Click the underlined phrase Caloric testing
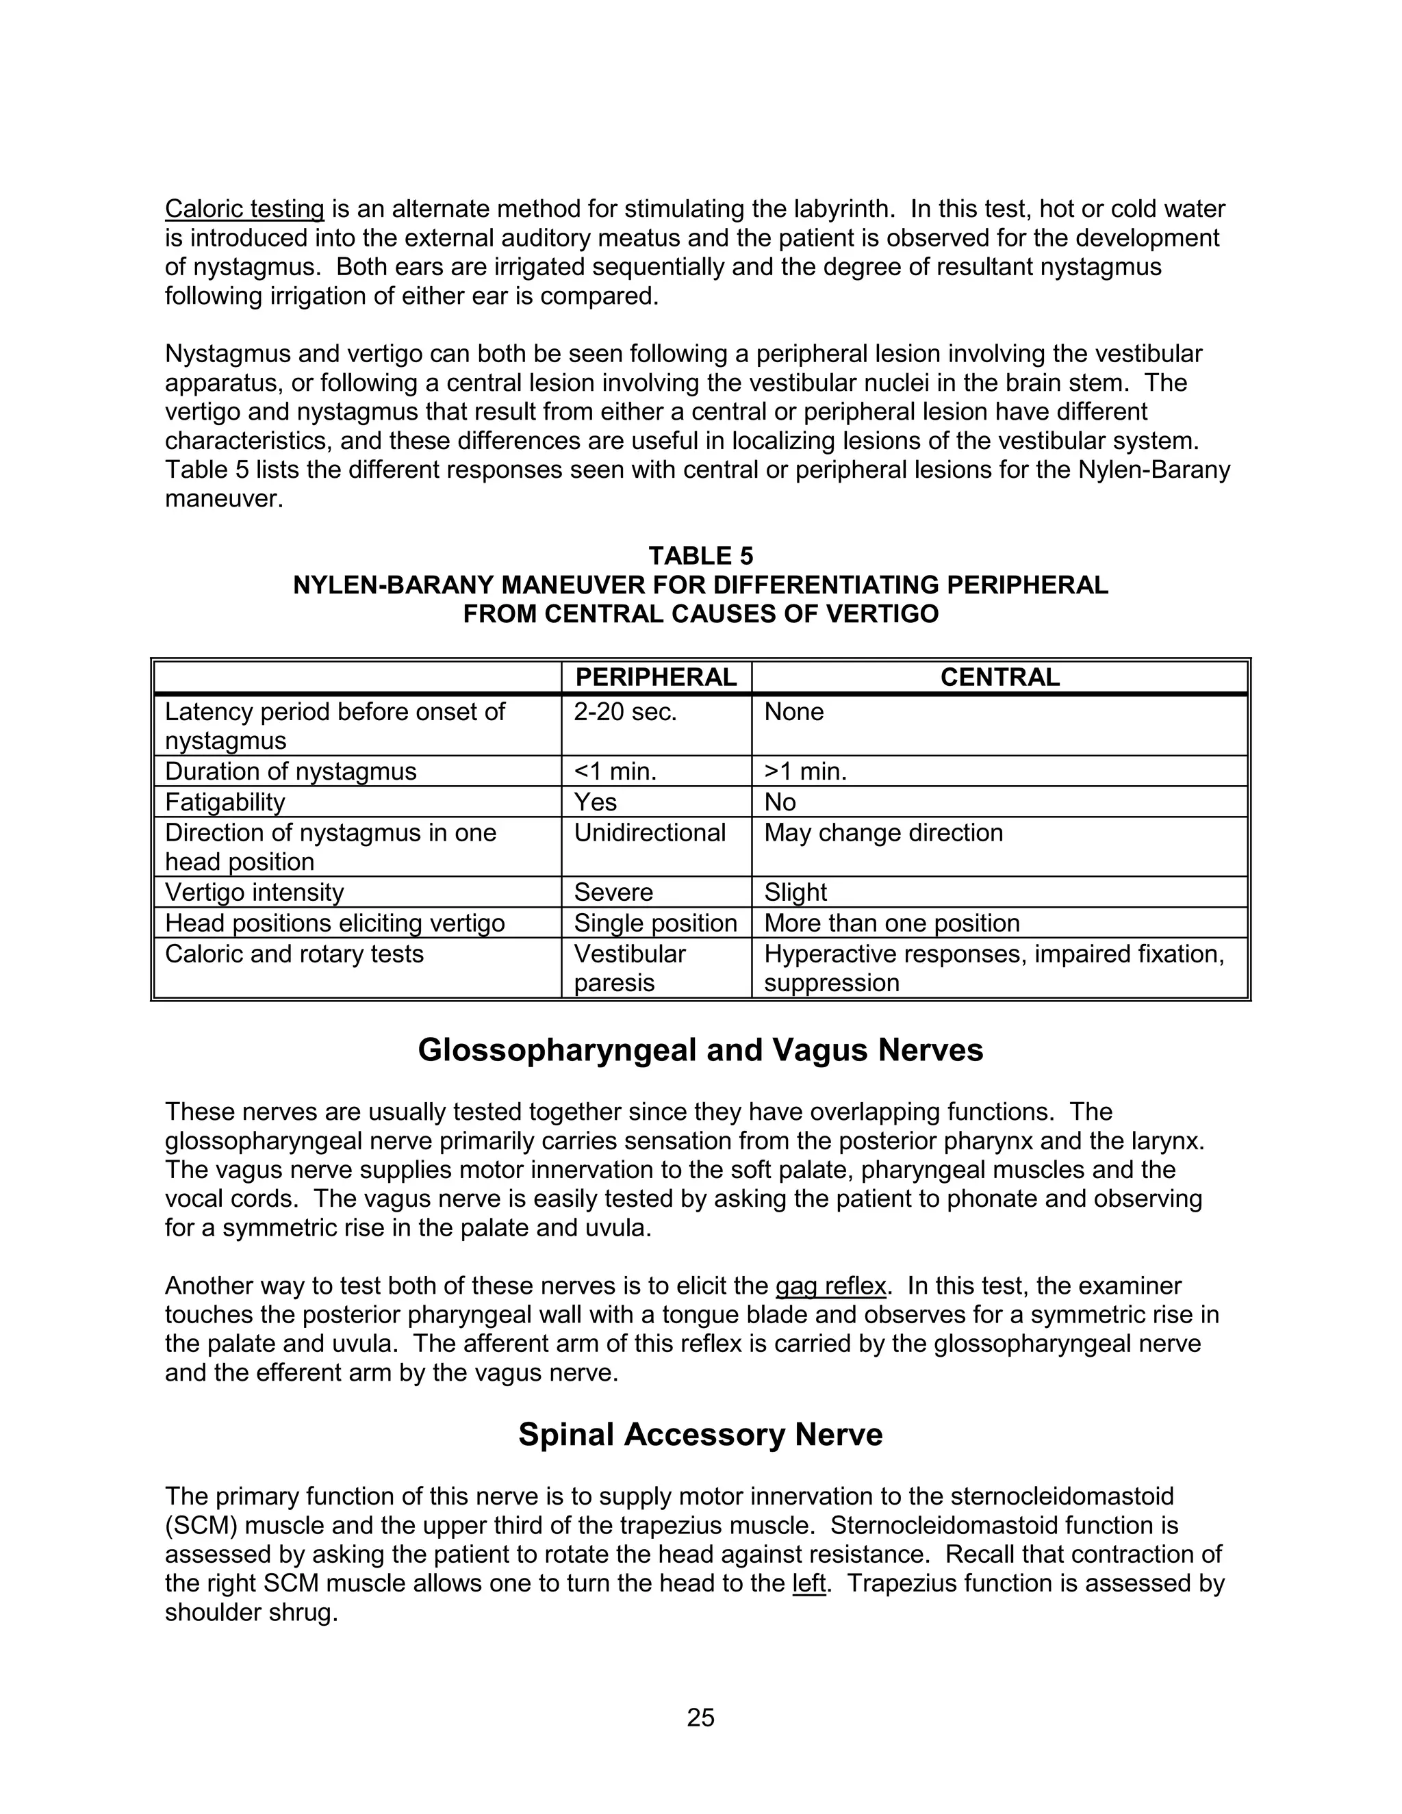(x=244, y=209)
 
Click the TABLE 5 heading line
(x=700, y=556)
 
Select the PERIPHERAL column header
(x=655, y=677)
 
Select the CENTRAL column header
(x=999, y=677)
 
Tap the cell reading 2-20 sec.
(x=626, y=712)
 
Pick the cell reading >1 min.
(x=805, y=771)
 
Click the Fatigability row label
(x=225, y=802)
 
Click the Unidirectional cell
(x=650, y=833)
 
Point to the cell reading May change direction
(x=883, y=833)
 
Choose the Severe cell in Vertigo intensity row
(x=613, y=893)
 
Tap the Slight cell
(x=795, y=893)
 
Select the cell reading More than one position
(x=891, y=923)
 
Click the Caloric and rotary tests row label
(x=294, y=954)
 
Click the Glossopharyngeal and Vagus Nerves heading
(x=700, y=1051)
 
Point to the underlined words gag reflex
(x=830, y=1287)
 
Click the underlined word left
(x=809, y=1584)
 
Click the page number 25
(x=700, y=1717)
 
